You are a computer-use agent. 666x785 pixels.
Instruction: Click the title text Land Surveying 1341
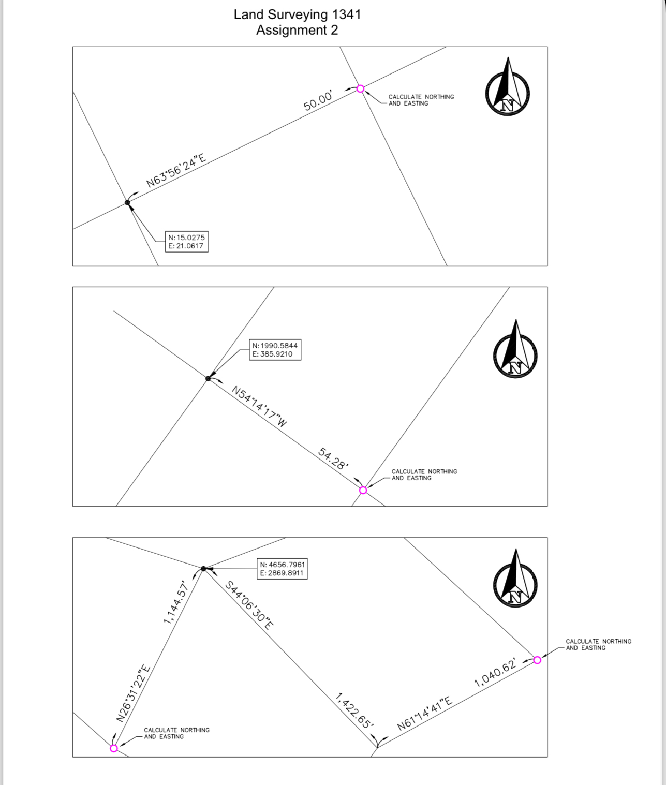[x=297, y=14]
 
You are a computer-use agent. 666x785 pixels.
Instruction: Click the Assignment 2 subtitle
[x=297, y=30]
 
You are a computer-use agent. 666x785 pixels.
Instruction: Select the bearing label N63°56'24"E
[x=176, y=171]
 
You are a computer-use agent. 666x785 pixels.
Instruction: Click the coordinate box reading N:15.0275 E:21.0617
[x=186, y=242]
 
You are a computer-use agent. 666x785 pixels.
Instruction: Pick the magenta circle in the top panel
[x=361, y=89]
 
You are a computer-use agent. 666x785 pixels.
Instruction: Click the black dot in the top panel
[x=128, y=202]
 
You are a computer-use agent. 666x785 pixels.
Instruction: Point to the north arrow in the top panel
[x=507, y=88]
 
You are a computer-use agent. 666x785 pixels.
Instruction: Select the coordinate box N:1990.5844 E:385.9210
[x=275, y=350]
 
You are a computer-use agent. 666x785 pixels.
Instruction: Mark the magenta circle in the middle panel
[x=363, y=490]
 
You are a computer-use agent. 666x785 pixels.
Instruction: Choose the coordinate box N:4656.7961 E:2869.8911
[x=283, y=569]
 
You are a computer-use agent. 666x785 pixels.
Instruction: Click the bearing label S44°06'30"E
[x=249, y=604]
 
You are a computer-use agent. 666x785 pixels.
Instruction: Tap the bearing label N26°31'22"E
[x=133, y=693]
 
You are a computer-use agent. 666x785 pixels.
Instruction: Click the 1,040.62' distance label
[x=495, y=673]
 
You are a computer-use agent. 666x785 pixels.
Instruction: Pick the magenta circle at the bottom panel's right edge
[x=537, y=660]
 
